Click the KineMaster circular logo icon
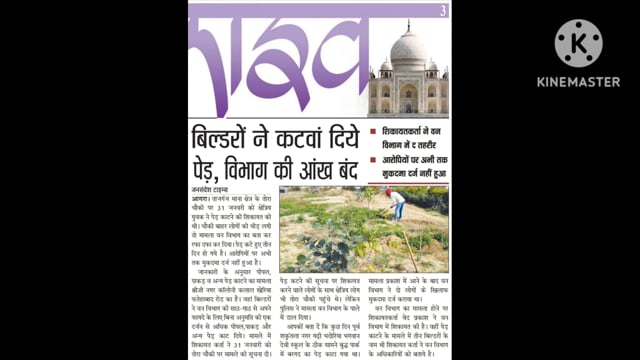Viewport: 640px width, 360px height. coord(578,43)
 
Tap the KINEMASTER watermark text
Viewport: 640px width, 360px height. coord(578,82)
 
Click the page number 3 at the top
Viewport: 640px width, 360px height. coord(442,11)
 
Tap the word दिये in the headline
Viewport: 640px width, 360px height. coord(340,137)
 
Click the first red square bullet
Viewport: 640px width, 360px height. coord(373,132)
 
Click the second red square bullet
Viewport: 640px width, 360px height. coord(373,159)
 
